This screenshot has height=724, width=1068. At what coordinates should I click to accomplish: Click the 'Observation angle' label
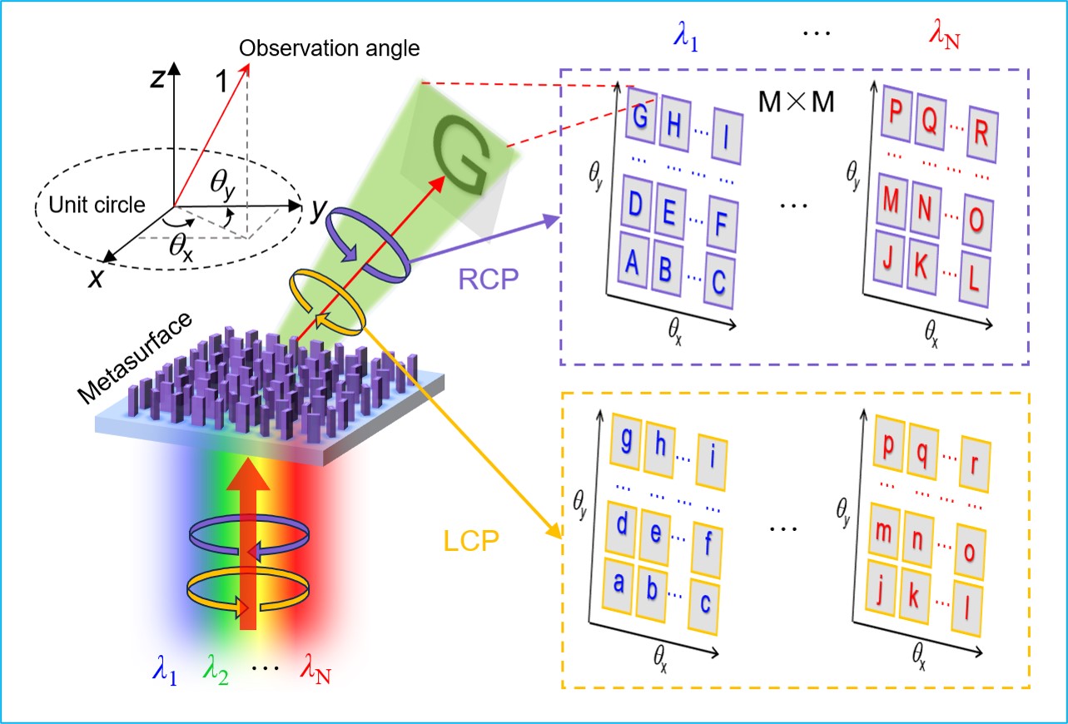click(x=330, y=48)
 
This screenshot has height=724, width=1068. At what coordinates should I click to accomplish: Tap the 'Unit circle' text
click(x=97, y=205)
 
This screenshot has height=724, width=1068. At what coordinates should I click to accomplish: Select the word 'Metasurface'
click(x=135, y=358)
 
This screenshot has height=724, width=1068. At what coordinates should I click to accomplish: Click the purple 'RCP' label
click(x=489, y=280)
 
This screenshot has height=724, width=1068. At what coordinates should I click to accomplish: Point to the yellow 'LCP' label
click(x=471, y=541)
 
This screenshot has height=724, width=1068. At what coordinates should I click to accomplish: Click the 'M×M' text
click(x=797, y=102)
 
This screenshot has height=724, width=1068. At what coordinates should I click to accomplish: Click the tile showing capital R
click(x=982, y=135)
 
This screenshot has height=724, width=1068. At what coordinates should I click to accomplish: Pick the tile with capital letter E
click(x=670, y=211)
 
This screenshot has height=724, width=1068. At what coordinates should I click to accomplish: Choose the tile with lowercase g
click(x=626, y=441)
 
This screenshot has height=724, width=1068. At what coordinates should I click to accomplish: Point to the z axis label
click(x=158, y=78)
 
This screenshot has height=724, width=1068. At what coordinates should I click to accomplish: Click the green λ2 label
click(x=216, y=670)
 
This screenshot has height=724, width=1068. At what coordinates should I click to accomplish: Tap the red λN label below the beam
click(x=315, y=669)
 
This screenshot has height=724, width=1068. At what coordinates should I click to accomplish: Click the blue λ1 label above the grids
click(x=686, y=37)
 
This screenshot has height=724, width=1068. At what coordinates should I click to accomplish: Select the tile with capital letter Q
click(x=930, y=121)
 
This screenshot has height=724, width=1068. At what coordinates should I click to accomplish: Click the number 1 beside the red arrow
click(x=221, y=81)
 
